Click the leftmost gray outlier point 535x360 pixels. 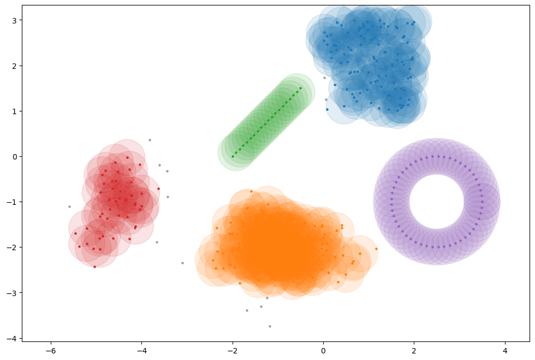(x=69, y=206)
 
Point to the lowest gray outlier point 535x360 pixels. (x=270, y=326)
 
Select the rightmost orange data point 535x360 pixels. (x=376, y=249)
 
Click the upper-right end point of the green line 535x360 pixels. (x=300, y=88)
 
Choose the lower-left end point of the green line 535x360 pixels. (x=233, y=156)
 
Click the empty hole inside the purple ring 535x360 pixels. (x=437, y=202)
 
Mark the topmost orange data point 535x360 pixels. (x=251, y=191)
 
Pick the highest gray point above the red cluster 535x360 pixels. (x=150, y=140)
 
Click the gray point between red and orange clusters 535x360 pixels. (x=182, y=263)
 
